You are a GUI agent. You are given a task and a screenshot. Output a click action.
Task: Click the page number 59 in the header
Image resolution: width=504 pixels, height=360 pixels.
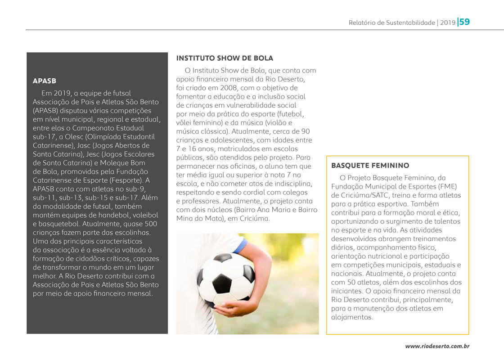[x=464, y=22]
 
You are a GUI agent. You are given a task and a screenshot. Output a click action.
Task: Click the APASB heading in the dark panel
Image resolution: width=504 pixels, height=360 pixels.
[x=45, y=81]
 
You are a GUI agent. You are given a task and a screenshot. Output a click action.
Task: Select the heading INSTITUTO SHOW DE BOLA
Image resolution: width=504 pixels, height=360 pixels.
[x=225, y=58]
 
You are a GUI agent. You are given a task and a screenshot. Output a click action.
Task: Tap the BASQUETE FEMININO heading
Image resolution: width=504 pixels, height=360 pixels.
[x=370, y=166]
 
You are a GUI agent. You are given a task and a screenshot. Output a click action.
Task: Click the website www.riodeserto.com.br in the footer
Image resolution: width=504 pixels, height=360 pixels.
[x=437, y=346]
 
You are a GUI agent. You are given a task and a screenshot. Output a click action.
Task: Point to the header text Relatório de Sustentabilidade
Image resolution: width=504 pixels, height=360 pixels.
[x=391, y=22]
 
